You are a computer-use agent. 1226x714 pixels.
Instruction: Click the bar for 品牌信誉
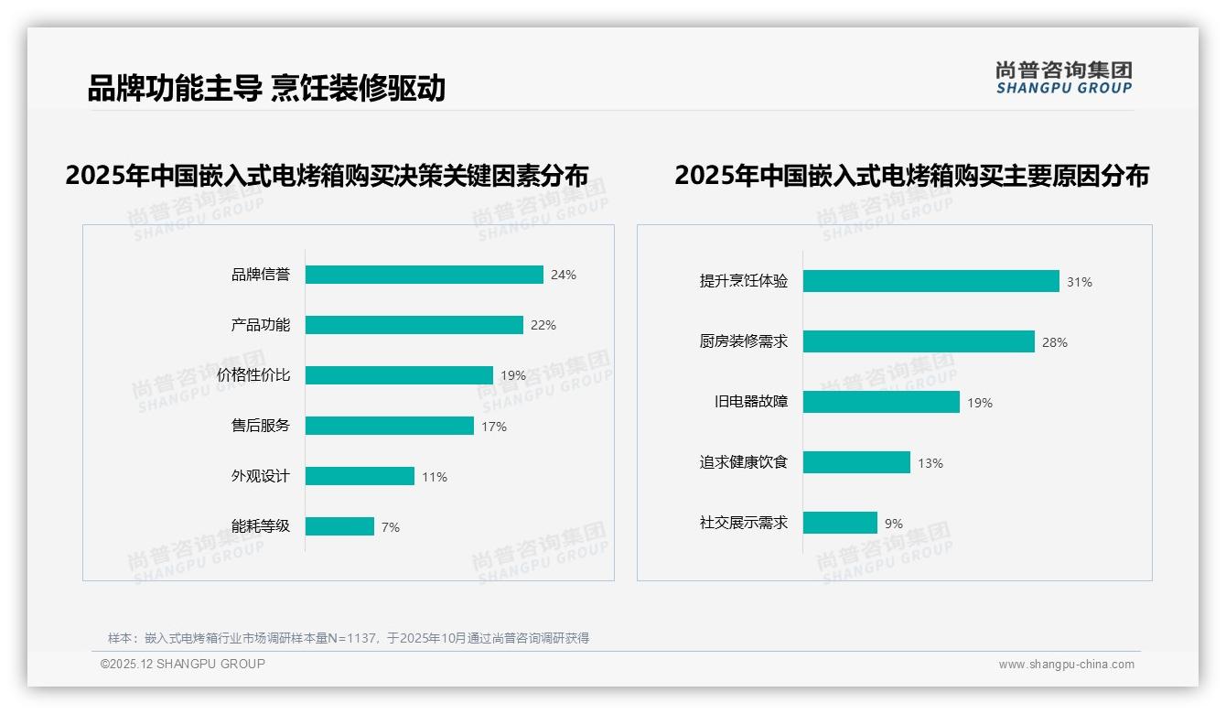tap(424, 275)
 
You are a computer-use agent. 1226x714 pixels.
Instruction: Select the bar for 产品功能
tap(414, 325)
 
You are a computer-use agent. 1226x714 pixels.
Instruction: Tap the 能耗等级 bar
tap(339, 526)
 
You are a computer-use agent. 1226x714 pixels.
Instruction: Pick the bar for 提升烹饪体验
tap(930, 281)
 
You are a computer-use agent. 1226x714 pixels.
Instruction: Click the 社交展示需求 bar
tap(840, 523)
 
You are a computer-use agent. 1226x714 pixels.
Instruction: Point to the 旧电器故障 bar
tap(881, 402)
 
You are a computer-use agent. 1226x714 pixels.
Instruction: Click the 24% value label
tap(564, 275)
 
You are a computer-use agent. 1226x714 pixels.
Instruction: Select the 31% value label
tap(1080, 282)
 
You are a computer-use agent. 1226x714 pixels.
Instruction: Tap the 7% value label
tap(391, 527)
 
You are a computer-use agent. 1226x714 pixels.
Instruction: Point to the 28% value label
tap(1055, 342)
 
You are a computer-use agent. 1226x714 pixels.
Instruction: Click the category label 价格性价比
tap(253, 375)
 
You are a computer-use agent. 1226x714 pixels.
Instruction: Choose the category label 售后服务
tap(261, 426)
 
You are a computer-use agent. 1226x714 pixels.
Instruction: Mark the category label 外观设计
tap(261, 476)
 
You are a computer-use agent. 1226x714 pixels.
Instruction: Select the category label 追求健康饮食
tap(744, 462)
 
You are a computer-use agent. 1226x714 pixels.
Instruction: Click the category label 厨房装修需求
tap(744, 341)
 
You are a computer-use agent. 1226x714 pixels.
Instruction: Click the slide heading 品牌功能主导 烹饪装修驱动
tap(266, 88)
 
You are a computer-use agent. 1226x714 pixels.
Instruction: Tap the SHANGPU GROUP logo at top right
tap(1064, 78)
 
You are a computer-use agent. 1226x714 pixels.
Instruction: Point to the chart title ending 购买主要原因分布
tap(911, 175)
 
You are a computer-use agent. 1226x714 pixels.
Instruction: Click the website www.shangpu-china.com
tap(1066, 665)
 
